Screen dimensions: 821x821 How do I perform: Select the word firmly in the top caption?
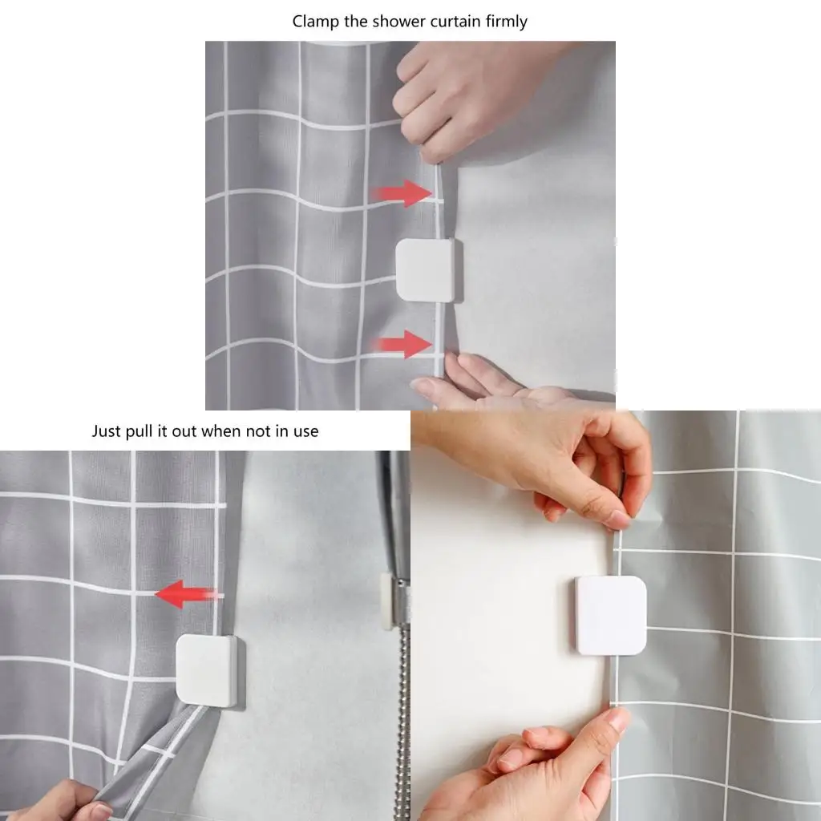[x=507, y=22]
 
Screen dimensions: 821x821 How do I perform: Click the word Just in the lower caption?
[x=107, y=431]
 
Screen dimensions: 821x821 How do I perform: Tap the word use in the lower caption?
[x=306, y=432]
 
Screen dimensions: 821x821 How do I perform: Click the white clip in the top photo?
[x=429, y=270]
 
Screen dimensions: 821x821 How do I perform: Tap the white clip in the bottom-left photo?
[x=208, y=670]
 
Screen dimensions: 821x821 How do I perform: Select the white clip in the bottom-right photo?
[x=610, y=615]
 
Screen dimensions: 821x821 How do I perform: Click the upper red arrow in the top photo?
[x=402, y=193]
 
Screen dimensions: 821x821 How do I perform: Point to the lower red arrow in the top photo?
[x=401, y=344]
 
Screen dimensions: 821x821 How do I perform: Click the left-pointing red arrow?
[x=188, y=594]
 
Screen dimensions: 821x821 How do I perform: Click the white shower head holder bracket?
[x=386, y=601]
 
